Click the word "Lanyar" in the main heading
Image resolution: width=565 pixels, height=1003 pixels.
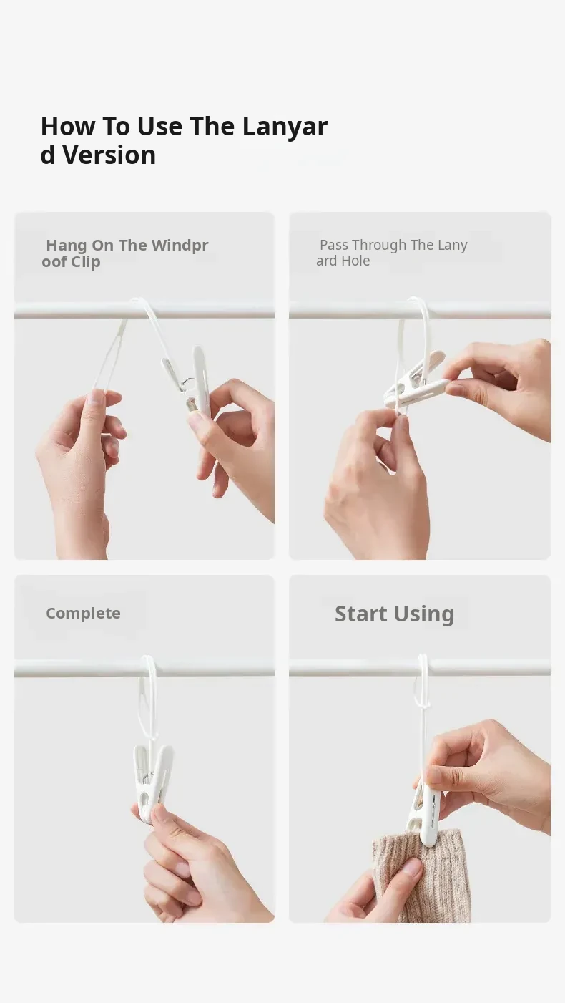[x=285, y=127]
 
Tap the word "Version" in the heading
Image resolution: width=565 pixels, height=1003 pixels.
[x=109, y=155]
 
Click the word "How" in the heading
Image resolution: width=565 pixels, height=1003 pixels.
[x=68, y=126]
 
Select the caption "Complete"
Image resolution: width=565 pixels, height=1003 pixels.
[x=83, y=613]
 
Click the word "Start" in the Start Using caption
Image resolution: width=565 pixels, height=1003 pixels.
[x=361, y=613]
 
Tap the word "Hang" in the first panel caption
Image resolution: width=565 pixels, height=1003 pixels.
[x=67, y=246]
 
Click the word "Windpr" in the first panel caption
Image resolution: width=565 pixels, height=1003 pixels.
[x=180, y=246]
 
